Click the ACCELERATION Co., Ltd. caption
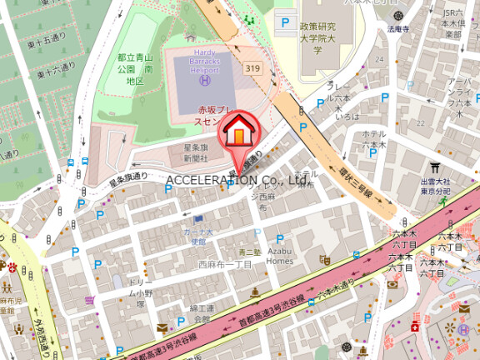[238, 180]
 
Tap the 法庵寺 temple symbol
[398, 16]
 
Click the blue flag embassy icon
[198, 219]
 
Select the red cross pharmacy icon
[415, 328]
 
